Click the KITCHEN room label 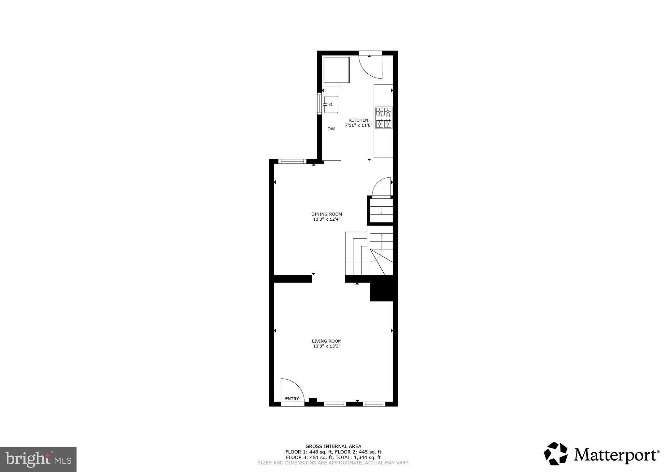pos(359,120)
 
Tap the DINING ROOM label pos(327,214)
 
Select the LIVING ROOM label pos(327,341)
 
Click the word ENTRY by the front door pos(292,399)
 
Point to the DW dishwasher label pos(331,129)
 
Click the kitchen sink pos(331,105)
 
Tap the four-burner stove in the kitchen pos(384,118)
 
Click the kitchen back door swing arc pos(371,67)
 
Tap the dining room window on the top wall pos(292,161)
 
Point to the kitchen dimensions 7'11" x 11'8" pos(359,125)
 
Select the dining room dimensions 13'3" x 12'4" pos(327,219)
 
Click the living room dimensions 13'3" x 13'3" pos(327,346)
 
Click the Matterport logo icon pos(556,453)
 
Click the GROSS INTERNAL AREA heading pos(333,446)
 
